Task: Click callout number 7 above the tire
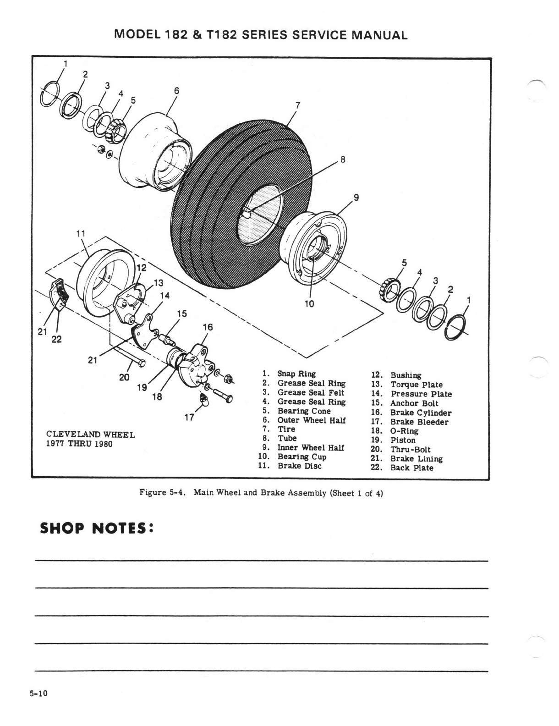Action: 297,105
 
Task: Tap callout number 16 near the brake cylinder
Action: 208,327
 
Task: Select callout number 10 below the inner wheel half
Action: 309,303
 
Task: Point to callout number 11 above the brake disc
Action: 81,233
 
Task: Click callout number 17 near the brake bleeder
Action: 189,417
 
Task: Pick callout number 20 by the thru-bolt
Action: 124,377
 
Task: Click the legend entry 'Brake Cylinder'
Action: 421,412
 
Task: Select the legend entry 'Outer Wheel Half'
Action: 311,420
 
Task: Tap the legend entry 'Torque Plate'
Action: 417,385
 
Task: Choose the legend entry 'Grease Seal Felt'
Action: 311,392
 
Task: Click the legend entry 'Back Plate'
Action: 411,467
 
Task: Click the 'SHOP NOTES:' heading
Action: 96,528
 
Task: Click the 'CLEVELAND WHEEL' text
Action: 91,434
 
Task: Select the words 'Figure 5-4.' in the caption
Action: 164,493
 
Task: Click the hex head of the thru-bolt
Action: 142,363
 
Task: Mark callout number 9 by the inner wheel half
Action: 356,198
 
